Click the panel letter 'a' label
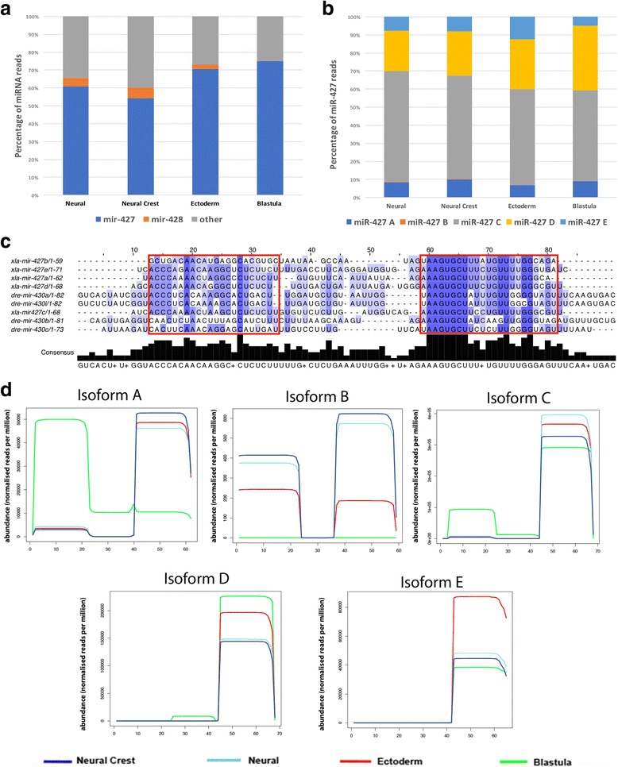6,8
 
